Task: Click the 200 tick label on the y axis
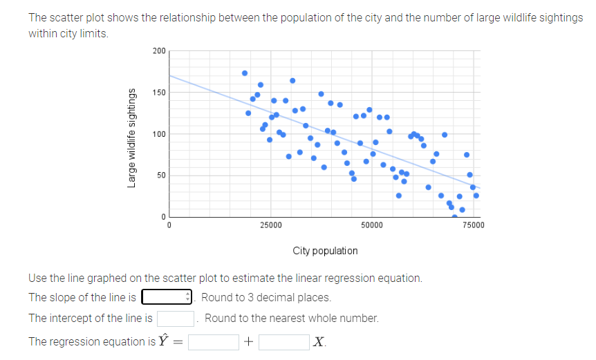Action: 158,51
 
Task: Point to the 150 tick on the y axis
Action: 158,93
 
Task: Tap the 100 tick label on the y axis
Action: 158,134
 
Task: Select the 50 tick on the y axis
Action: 160,176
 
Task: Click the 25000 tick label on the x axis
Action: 270,225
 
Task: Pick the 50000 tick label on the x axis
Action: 372,225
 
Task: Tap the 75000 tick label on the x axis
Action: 473,225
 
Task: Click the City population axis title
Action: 325,251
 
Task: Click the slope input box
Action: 166,298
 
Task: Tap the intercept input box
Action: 175,319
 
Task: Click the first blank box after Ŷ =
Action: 214,341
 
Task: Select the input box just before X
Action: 283,341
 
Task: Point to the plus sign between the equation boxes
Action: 249,341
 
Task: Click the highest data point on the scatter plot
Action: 245,73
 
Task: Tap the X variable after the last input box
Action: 318,341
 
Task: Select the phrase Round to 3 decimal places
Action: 266,298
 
